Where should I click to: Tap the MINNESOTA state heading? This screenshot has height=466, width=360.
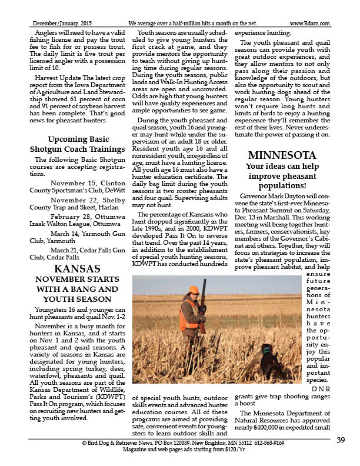coord(282,156)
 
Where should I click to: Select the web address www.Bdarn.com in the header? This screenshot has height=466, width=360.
coord(309,23)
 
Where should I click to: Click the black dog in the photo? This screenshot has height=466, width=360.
coord(269,360)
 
